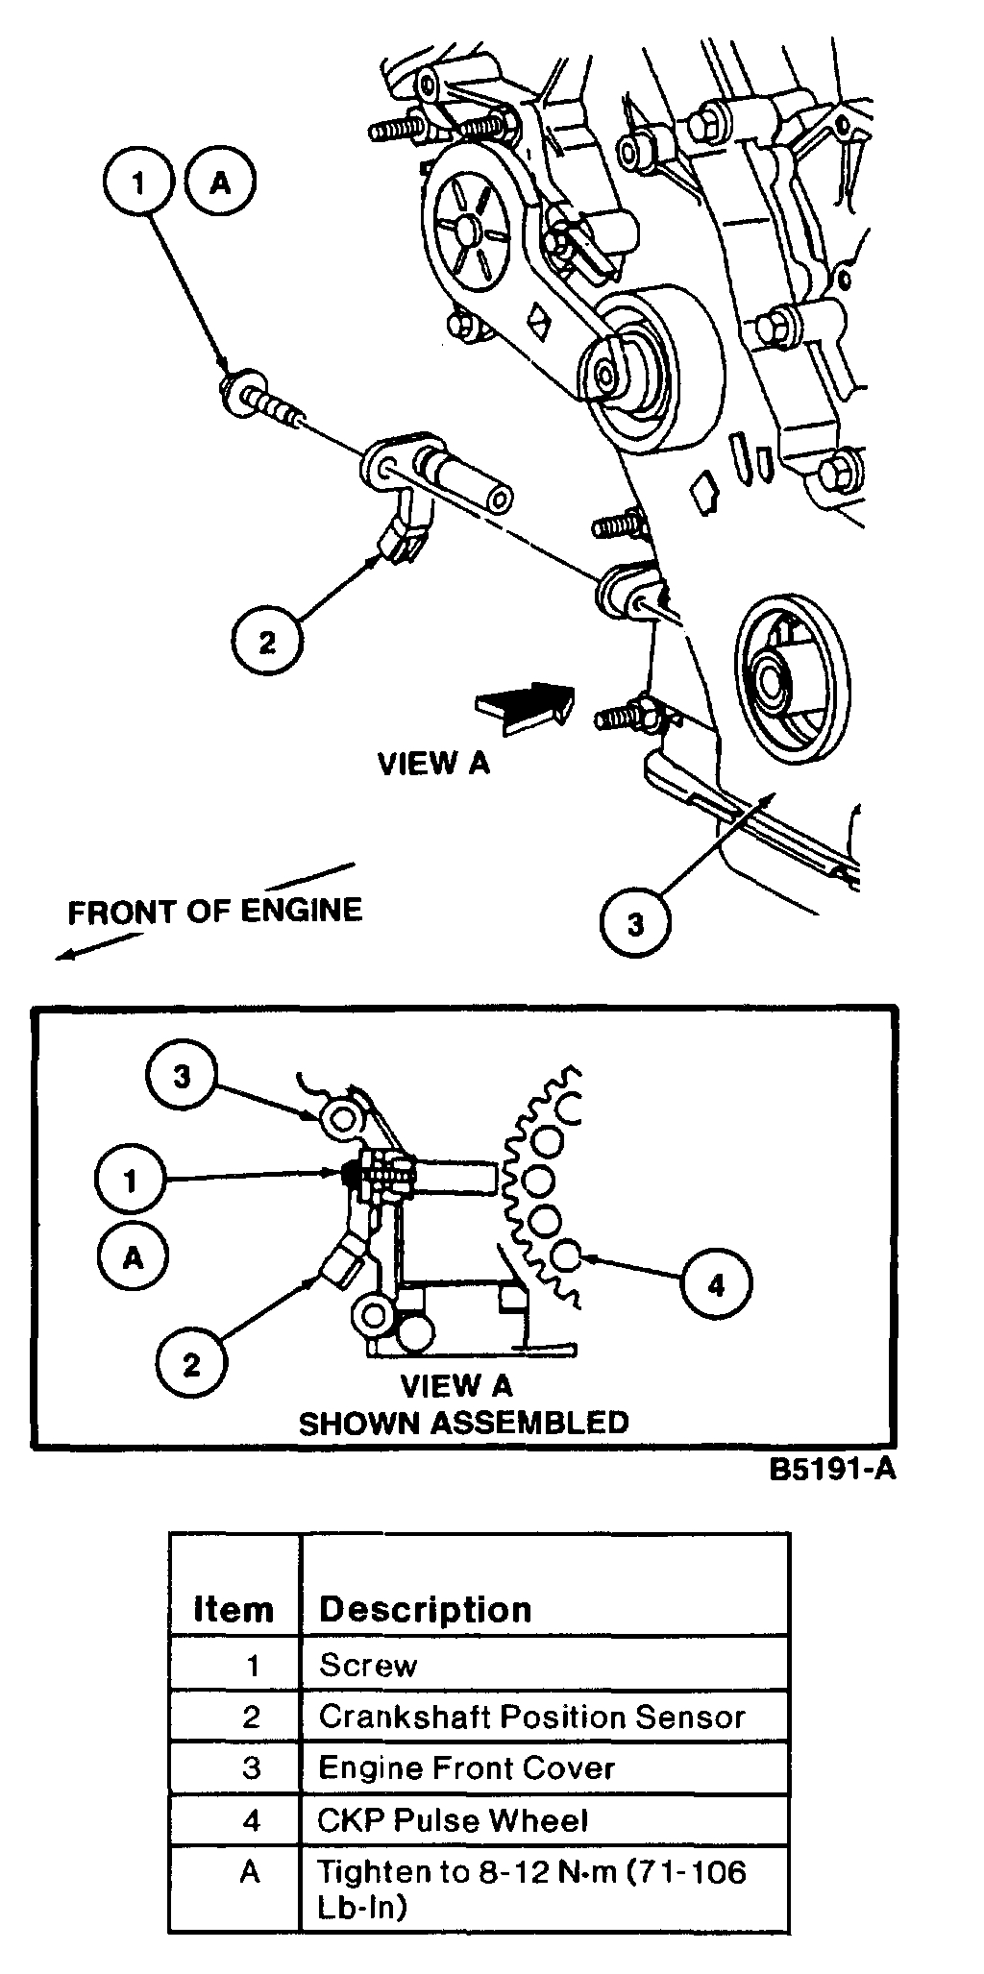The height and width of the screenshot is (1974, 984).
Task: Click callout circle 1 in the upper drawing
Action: (x=138, y=183)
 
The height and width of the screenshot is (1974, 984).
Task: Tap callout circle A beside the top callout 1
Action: (x=221, y=183)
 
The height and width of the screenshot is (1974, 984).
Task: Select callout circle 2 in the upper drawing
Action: (x=266, y=642)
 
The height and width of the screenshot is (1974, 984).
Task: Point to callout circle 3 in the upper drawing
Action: (x=634, y=923)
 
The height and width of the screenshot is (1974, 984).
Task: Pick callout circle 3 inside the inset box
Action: (x=182, y=1076)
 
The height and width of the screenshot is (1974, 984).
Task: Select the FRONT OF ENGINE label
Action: (x=214, y=910)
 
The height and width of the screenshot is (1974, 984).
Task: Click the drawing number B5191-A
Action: (x=832, y=1469)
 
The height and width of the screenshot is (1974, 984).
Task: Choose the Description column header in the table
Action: (x=425, y=1609)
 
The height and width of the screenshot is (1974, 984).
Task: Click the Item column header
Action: (x=234, y=1609)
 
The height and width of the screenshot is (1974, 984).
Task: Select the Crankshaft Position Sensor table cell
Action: (x=531, y=1716)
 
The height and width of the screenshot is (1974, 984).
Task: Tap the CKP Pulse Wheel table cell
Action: (x=452, y=1819)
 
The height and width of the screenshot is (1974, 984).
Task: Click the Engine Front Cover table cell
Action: (x=466, y=1767)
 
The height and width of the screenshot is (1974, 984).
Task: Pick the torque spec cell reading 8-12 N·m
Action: (x=531, y=1888)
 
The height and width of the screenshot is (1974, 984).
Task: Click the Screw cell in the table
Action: (x=368, y=1665)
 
